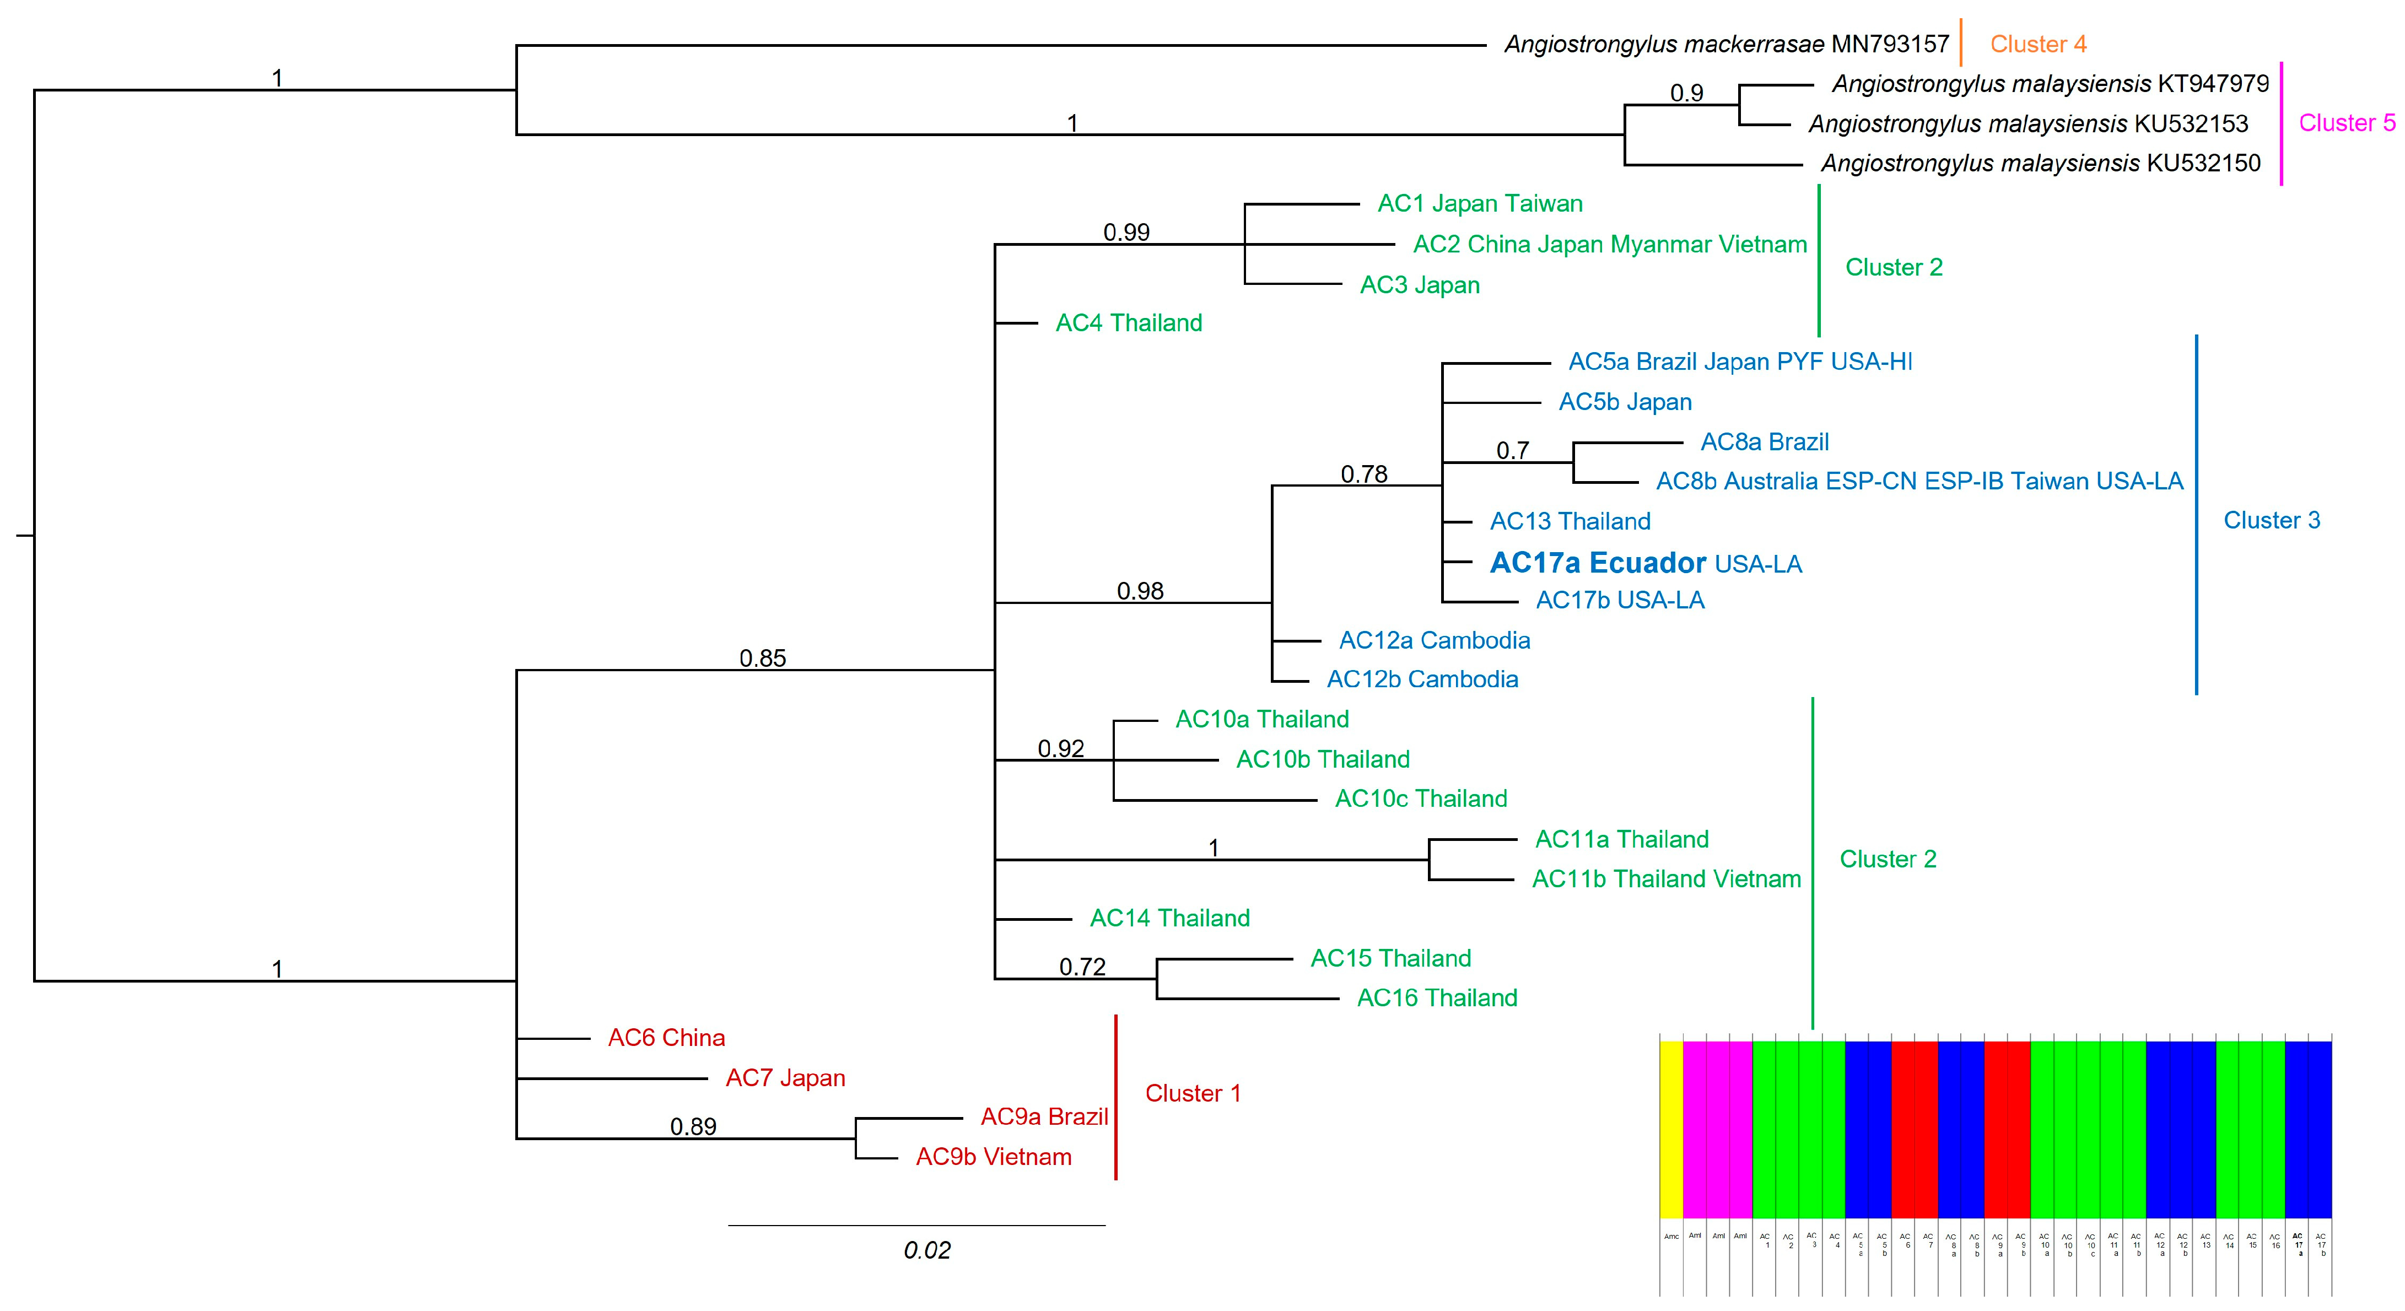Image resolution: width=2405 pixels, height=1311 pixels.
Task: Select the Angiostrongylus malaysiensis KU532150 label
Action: pyautogui.click(x=2040, y=164)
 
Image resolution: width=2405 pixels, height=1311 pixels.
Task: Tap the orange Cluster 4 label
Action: pyautogui.click(x=2037, y=44)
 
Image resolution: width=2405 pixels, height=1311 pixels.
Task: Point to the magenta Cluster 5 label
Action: pyautogui.click(x=2346, y=122)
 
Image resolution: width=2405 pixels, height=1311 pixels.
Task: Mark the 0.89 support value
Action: pyautogui.click(x=693, y=1127)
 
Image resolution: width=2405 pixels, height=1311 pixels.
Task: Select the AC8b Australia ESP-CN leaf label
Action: pyautogui.click(x=1918, y=481)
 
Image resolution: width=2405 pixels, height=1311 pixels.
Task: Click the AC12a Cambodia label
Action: pyautogui.click(x=1434, y=640)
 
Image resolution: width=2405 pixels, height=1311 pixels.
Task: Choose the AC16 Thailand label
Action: pyautogui.click(x=1436, y=998)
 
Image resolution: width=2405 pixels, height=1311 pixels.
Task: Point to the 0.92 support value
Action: pyautogui.click(x=1060, y=749)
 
